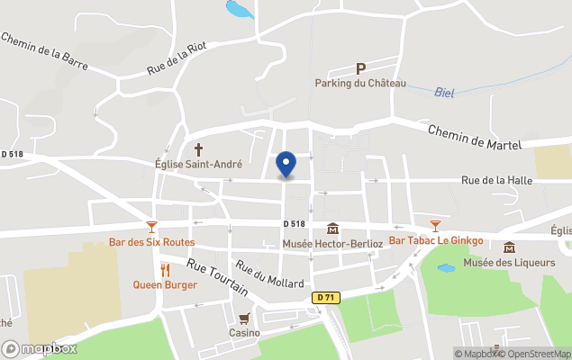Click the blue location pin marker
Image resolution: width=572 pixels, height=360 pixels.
tap(286, 164)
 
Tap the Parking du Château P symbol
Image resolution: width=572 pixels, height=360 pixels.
tap(360, 68)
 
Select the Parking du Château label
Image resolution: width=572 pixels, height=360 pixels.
tap(360, 84)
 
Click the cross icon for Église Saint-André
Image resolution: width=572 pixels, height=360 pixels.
tap(198, 149)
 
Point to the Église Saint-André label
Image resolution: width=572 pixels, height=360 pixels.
tap(198, 165)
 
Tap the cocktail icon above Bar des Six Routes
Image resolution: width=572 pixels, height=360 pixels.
tap(151, 227)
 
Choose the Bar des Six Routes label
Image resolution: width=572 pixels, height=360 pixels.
tap(151, 241)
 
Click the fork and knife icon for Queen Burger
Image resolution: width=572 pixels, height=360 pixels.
tap(165, 270)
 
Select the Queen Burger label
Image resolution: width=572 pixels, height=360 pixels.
tap(165, 284)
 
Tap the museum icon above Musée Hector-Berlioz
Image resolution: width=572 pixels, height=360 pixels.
tap(332, 229)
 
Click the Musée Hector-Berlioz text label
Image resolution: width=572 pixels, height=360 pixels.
tap(332, 244)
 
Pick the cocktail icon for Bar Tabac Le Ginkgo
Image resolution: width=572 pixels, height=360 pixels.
tap(435, 226)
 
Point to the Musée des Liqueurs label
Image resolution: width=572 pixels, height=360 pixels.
tap(509, 262)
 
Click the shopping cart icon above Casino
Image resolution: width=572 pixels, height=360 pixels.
tap(243, 319)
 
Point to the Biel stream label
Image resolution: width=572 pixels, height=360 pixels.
tap(444, 92)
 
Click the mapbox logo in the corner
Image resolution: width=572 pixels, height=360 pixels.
tap(40, 348)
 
